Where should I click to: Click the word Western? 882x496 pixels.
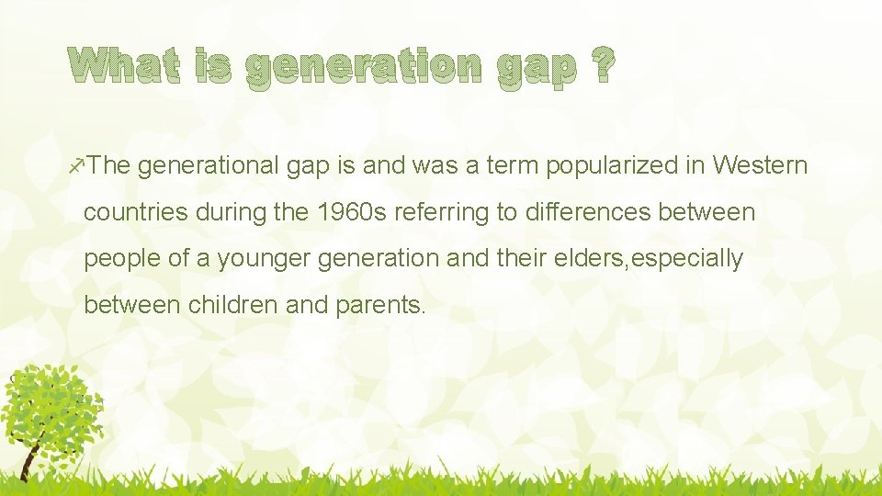click(760, 166)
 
